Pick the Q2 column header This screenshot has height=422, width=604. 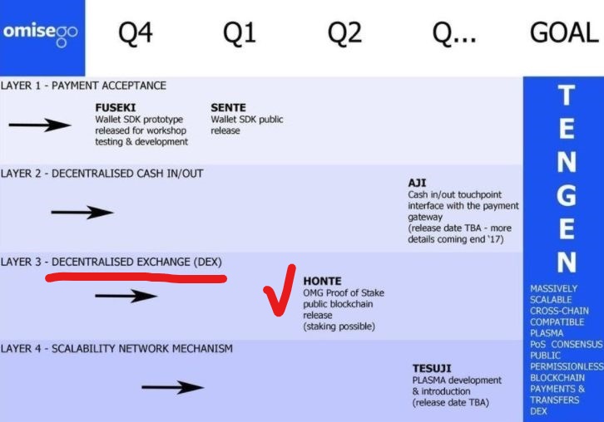[x=344, y=33]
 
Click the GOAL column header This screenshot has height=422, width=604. [x=563, y=33]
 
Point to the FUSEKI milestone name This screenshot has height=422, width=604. [x=116, y=108]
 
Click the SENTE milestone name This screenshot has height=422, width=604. [x=228, y=108]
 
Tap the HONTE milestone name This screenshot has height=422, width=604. [x=322, y=282]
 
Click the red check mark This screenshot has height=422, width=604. [x=279, y=291]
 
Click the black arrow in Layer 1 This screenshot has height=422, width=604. [x=40, y=125]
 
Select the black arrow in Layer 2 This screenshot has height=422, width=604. [x=82, y=212]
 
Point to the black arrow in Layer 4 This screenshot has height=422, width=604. [x=172, y=386]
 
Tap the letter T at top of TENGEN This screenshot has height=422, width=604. [x=565, y=96]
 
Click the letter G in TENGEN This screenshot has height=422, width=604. [x=565, y=196]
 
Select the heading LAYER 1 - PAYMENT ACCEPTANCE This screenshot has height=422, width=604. [x=83, y=86]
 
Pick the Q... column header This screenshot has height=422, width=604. [x=453, y=33]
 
